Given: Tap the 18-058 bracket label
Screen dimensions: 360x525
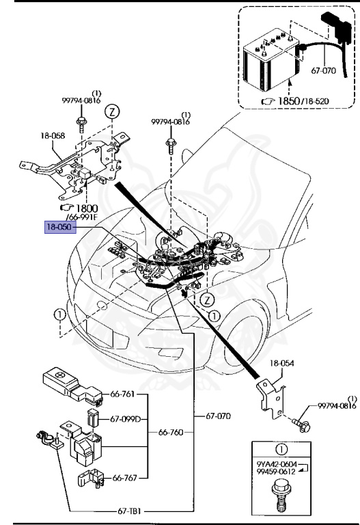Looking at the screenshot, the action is [x=53, y=135].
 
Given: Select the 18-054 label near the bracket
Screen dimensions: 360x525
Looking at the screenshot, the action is [x=281, y=363].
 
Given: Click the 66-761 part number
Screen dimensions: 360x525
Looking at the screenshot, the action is [x=122, y=394].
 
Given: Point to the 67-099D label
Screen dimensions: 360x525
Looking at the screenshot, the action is [x=126, y=419].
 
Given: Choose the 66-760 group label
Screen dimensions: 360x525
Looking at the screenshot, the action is [x=171, y=432].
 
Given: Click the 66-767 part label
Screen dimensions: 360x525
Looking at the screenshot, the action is [x=125, y=478].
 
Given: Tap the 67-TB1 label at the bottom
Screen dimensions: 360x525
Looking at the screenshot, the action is [x=129, y=511].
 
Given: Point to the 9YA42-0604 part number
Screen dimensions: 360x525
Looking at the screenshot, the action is [x=277, y=464].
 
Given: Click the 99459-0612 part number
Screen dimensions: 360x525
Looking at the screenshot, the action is [x=276, y=472].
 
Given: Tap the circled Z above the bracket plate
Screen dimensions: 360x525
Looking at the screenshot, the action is [x=112, y=111].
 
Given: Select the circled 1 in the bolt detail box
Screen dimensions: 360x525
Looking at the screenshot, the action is [x=281, y=449].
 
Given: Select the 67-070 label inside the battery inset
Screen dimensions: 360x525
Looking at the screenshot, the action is [x=324, y=70].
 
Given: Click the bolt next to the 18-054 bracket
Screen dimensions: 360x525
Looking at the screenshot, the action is [x=301, y=425].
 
